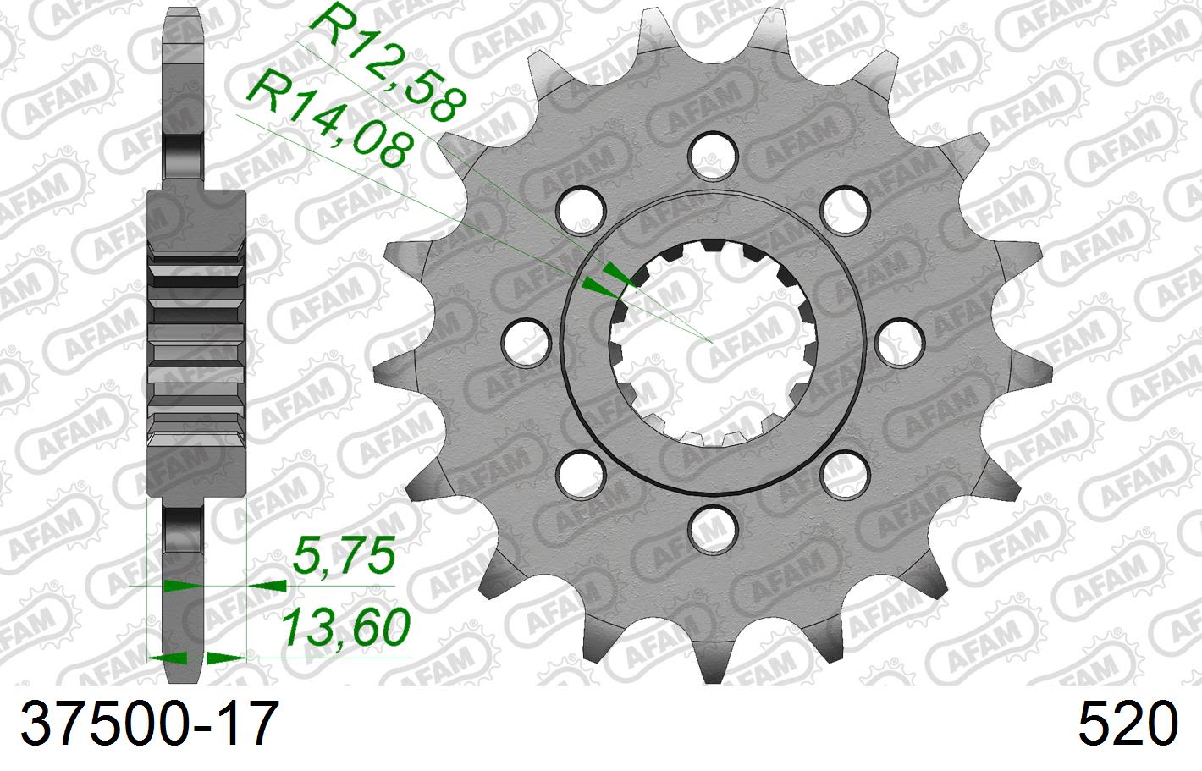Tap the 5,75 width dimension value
pyautogui.click(x=343, y=557)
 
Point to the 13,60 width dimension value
pyautogui.click(x=345, y=627)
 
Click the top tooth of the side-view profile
pyautogui.click(x=182, y=51)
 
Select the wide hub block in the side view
pyautogui.click(x=196, y=343)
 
